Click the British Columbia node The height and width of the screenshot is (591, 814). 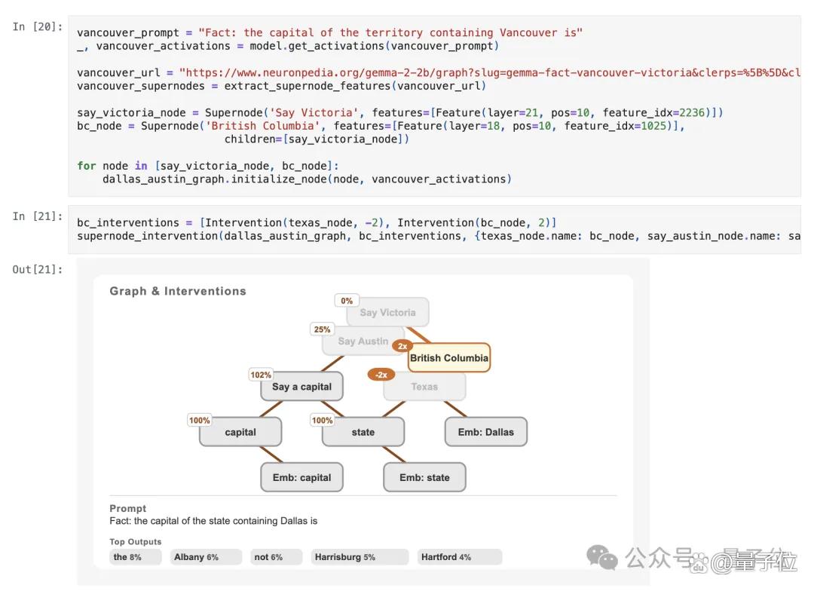(x=449, y=358)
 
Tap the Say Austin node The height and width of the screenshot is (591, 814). (x=363, y=341)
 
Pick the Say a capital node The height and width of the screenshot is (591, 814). (x=301, y=387)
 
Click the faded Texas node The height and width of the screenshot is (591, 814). (x=424, y=387)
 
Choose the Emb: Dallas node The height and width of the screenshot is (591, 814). (x=486, y=432)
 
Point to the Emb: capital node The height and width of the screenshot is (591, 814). (x=301, y=477)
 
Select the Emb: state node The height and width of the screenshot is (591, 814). (x=424, y=477)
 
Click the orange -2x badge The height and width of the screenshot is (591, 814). (x=381, y=375)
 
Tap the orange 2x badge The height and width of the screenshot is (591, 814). (x=402, y=346)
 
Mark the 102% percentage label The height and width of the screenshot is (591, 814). (x=261, y=375)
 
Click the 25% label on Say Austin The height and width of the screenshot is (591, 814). (x=322, y=329)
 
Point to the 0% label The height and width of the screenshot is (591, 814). (x=347, y=301)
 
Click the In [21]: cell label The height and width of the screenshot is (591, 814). (x=38, y=216)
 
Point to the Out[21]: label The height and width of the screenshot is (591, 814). (x=38, y=269)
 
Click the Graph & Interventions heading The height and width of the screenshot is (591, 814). (x=178, y=291)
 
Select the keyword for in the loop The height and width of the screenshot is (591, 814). (x=86, y=166)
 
